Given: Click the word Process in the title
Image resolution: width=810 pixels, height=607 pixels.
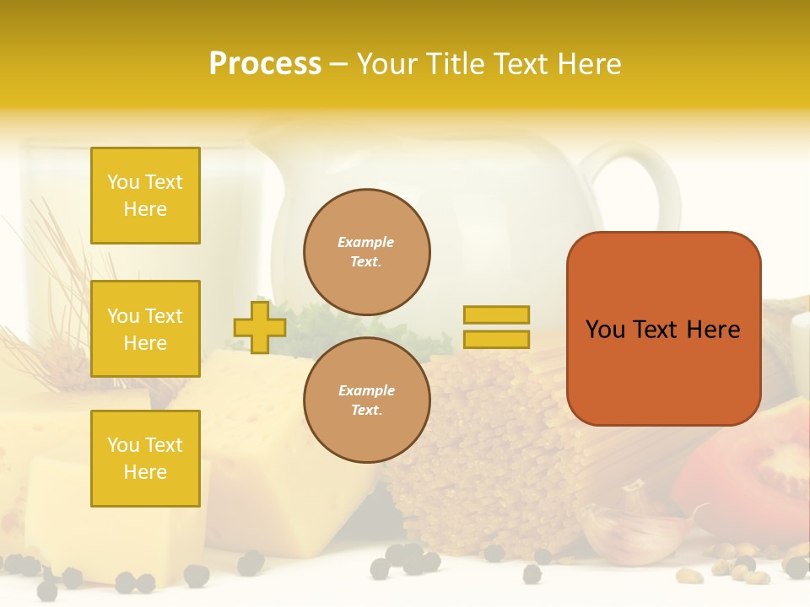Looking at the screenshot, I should pyautogui.click(x=265, y=64).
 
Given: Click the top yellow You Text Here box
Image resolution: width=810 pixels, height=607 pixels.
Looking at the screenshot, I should pyautogui.click(x=145, y=196).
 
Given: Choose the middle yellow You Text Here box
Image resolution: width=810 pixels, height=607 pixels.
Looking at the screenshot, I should pyautogui.click(x=145, y=329).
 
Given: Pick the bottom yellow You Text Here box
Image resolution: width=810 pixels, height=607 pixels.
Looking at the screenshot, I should pyautogui.click(x=145, y=458).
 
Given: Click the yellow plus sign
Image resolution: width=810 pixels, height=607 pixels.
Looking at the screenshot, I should pyautogui.click(x=260, y=327).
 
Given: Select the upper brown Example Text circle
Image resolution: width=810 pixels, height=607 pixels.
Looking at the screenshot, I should pyautogui.click(x=367, y=252).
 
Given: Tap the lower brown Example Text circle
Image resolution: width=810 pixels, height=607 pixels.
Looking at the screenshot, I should pyautogui.click(x=367, y=400).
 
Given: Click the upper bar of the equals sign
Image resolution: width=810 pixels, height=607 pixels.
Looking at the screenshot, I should pyautogui.click(x=496, y=315).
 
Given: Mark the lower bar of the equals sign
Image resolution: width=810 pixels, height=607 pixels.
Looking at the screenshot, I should pyautogui.click(x=496, y=340).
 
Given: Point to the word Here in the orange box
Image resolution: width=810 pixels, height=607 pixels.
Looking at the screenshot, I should pyautogui.click(x=713, y=330).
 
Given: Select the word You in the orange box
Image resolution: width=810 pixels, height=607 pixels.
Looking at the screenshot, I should pyautogui.click(x=605, y=330).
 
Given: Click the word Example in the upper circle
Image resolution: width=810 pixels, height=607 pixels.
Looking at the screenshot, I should pyautogui.click(x=365, y=242).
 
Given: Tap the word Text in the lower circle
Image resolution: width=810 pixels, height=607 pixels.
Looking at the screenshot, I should pyautogui.click(x=366, y=411).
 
